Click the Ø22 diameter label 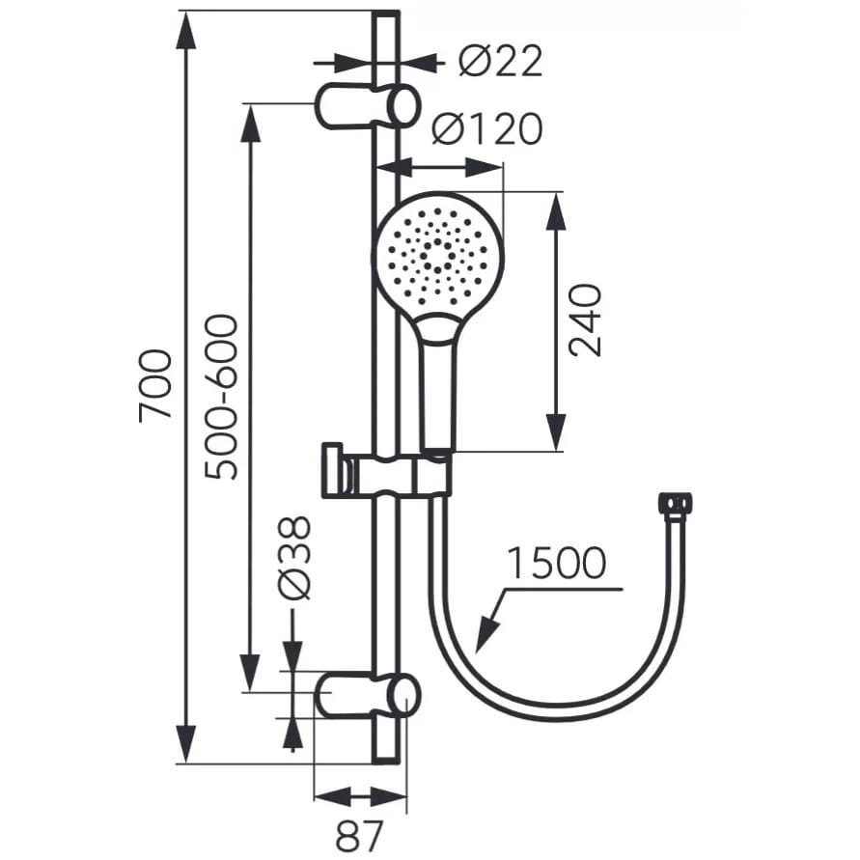click(x=500, y=61)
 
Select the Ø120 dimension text click(x=487, y=129)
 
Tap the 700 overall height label click(x=155, y=385)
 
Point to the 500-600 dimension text click(x=222, y=397)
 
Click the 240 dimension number click(x=585, y=320)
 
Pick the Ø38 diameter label click(x=294, y=557)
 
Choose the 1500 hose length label click(x=556, y=564)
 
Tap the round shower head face click(x=437, y=256)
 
